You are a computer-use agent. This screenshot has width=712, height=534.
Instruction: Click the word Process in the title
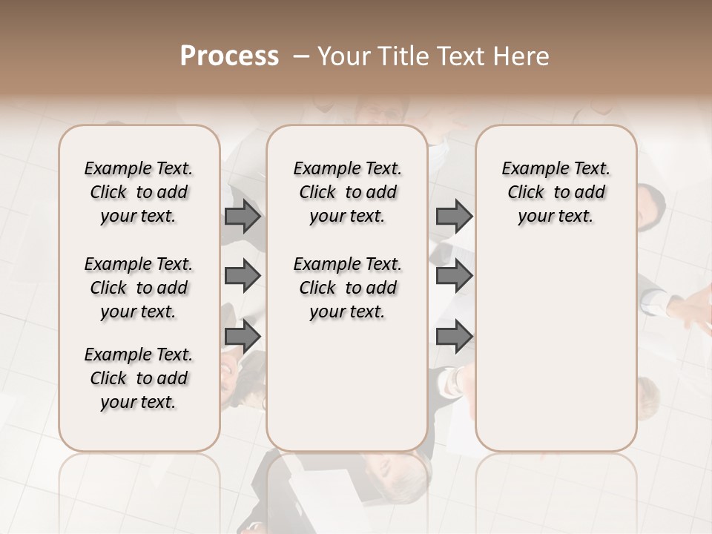point(228,56)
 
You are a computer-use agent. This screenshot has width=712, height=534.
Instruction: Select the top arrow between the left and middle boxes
point(243,217)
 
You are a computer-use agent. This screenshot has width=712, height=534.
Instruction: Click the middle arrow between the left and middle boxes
point(243,277)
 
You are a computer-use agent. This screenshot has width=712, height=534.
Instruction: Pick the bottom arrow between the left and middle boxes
point(243,336)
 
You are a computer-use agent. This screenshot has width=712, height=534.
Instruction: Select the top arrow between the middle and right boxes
point(454,217)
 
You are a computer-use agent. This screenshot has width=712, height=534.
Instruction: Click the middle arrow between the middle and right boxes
point(454,277)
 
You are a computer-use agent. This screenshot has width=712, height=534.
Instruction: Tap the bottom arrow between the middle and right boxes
point(454,336)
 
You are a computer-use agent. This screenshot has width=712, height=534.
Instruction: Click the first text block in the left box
point(139,192)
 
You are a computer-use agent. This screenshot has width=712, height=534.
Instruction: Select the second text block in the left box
point(139,288)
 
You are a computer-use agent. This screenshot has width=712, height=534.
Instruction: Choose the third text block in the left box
point(139,378)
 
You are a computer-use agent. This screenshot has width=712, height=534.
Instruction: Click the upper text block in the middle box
point(347,192)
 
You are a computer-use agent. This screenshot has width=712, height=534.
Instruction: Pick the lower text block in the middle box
point(347,288)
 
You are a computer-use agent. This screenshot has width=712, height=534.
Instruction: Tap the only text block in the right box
point(556,192)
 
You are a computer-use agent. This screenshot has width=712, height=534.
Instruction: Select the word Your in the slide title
point(342,56)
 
